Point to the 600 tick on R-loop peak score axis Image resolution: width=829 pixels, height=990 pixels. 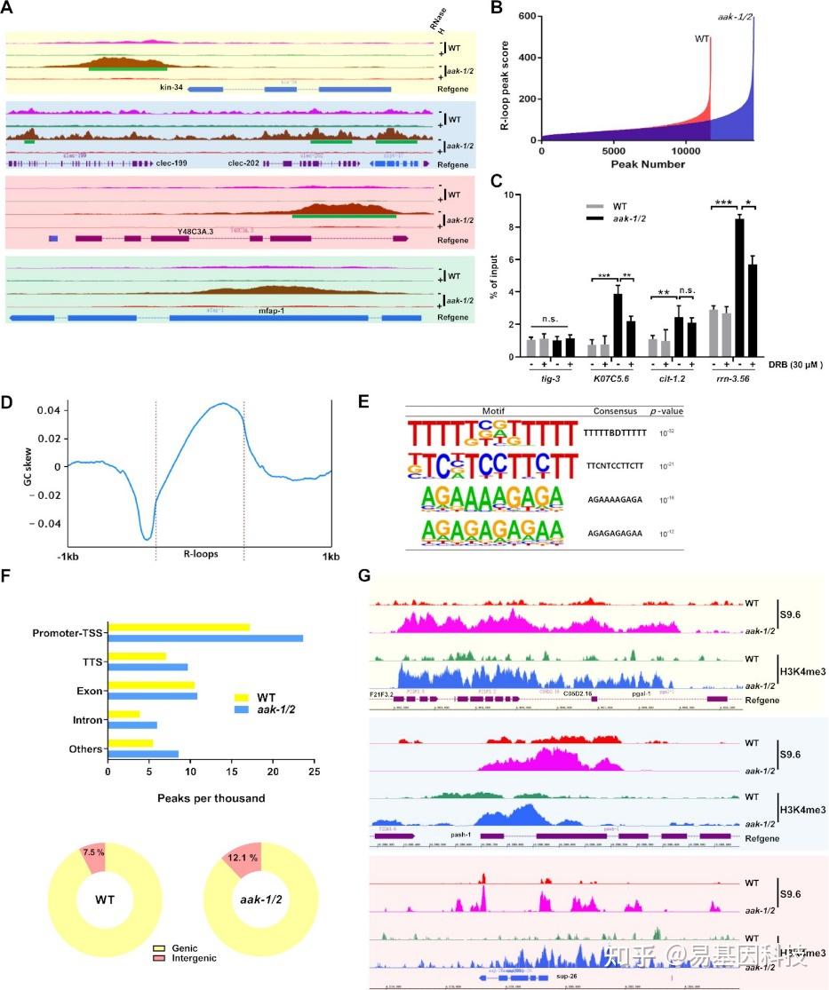pyautogui.click(x=527, y=16)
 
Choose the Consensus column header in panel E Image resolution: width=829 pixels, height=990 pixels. pyautogui.click(x=614, y=411)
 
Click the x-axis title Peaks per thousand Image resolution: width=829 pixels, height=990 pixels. pyautogui.click(x=211, y=798)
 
